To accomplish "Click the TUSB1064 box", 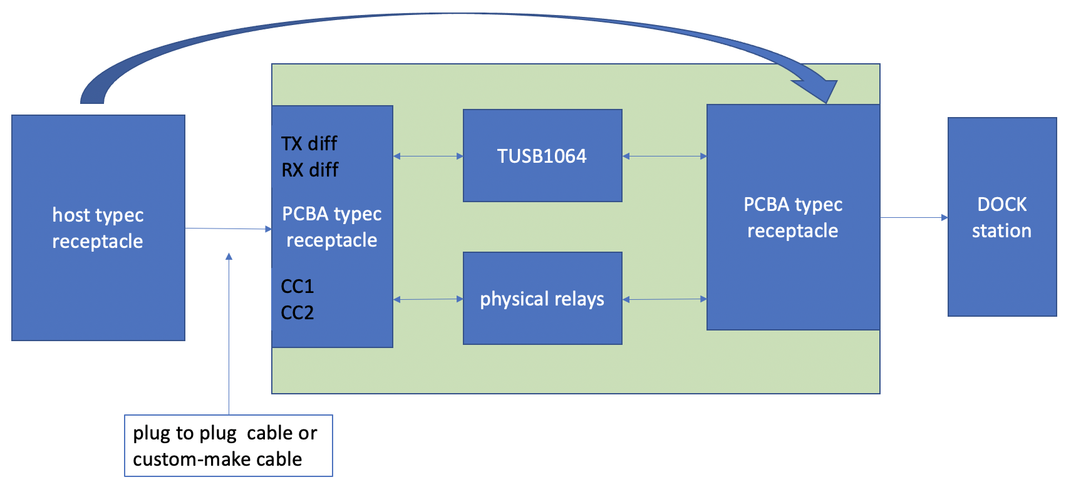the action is pyautogui.click(x=542, y=155).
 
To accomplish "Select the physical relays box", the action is pyautogui.click(x=542, y=298).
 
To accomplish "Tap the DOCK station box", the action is pyautogui.click(x=1002, y=217).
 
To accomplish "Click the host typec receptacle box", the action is pyautogui.click(x=98, y=227).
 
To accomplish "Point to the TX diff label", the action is pyautogui.click(x=309, y=143).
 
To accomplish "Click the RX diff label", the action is pyautogui.click(x=310, y=170).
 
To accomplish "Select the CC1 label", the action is pyautogui.click(x=297, y=286).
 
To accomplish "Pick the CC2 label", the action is pyautogui.click(x=297, y=312).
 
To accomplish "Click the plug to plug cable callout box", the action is pyautogui.click(x=229, y=446).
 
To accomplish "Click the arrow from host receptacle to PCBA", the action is pyautogui.click(x=229, y=228).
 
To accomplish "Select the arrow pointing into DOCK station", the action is pyautogui.click(x=914, y=217).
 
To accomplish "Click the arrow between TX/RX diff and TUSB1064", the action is pyautogui.click(x=428, y=156).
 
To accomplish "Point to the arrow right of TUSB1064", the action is pyautogui.click(x=665, y=156).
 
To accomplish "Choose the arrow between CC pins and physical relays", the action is pyautogui.click(x=428, y=299).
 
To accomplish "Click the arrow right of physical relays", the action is pyautogui.click(x=665, y=299).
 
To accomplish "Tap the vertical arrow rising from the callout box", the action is pyautogui.click(x=229, y=334).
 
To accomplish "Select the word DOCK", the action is pyautogui.click(x=1001, y=205).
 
